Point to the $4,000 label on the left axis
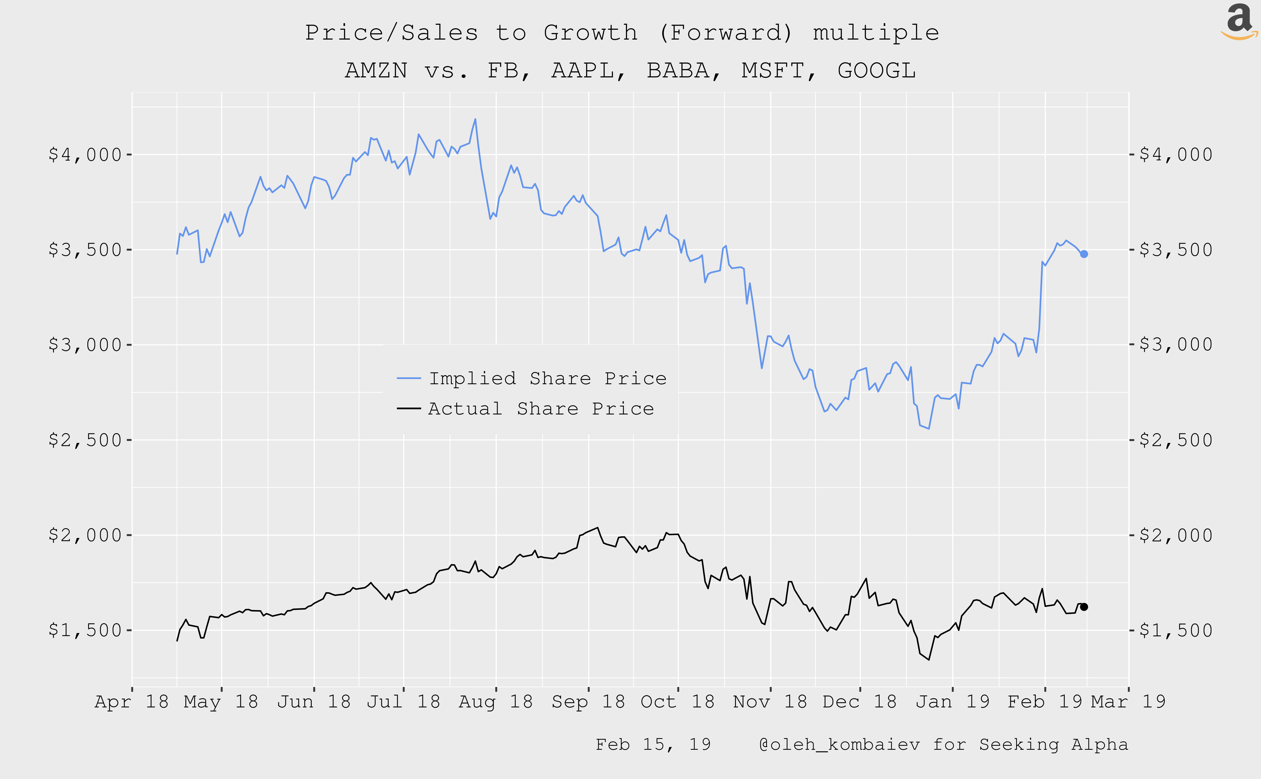click(85, 155)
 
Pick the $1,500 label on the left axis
click(85, 630)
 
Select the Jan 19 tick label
click(952, 702)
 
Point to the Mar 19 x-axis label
click(1128, 702)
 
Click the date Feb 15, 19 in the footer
click(653, 744)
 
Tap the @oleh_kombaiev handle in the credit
click(839, 744)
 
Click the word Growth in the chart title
click(591, 33)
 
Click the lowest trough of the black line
click(929, 660)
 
